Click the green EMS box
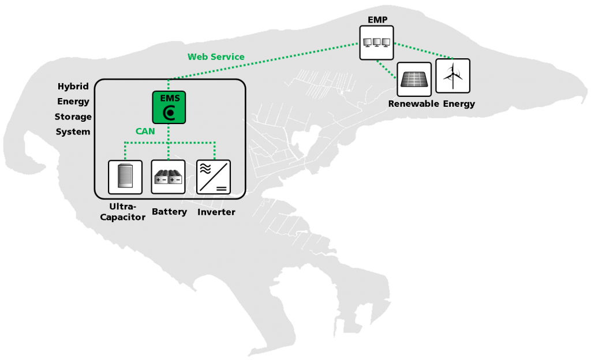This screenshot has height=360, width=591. coord(169,107)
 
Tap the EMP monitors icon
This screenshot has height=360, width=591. coord(376,43)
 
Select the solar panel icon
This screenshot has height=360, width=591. coord(414,79)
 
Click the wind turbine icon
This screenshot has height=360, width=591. coord(452,76)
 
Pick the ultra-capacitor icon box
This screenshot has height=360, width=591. coord(125,177)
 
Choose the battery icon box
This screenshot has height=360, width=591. coord(168,177)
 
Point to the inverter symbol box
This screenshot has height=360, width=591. coord(214,177)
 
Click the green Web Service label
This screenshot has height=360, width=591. coord(216,57)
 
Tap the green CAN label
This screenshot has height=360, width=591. coord(145,131)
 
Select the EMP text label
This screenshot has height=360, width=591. coord(377,20)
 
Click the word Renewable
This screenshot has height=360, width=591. coord(413,104)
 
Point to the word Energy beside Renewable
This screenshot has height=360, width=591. coord(459,104)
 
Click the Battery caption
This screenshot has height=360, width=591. coord(169,212)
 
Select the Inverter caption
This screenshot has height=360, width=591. coord(216,212)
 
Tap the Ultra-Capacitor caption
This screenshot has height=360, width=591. coord(122,212)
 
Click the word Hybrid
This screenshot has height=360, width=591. coord(73,87)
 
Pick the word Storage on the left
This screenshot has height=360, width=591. coord(73,117)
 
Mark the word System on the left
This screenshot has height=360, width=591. coord(73,132)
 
